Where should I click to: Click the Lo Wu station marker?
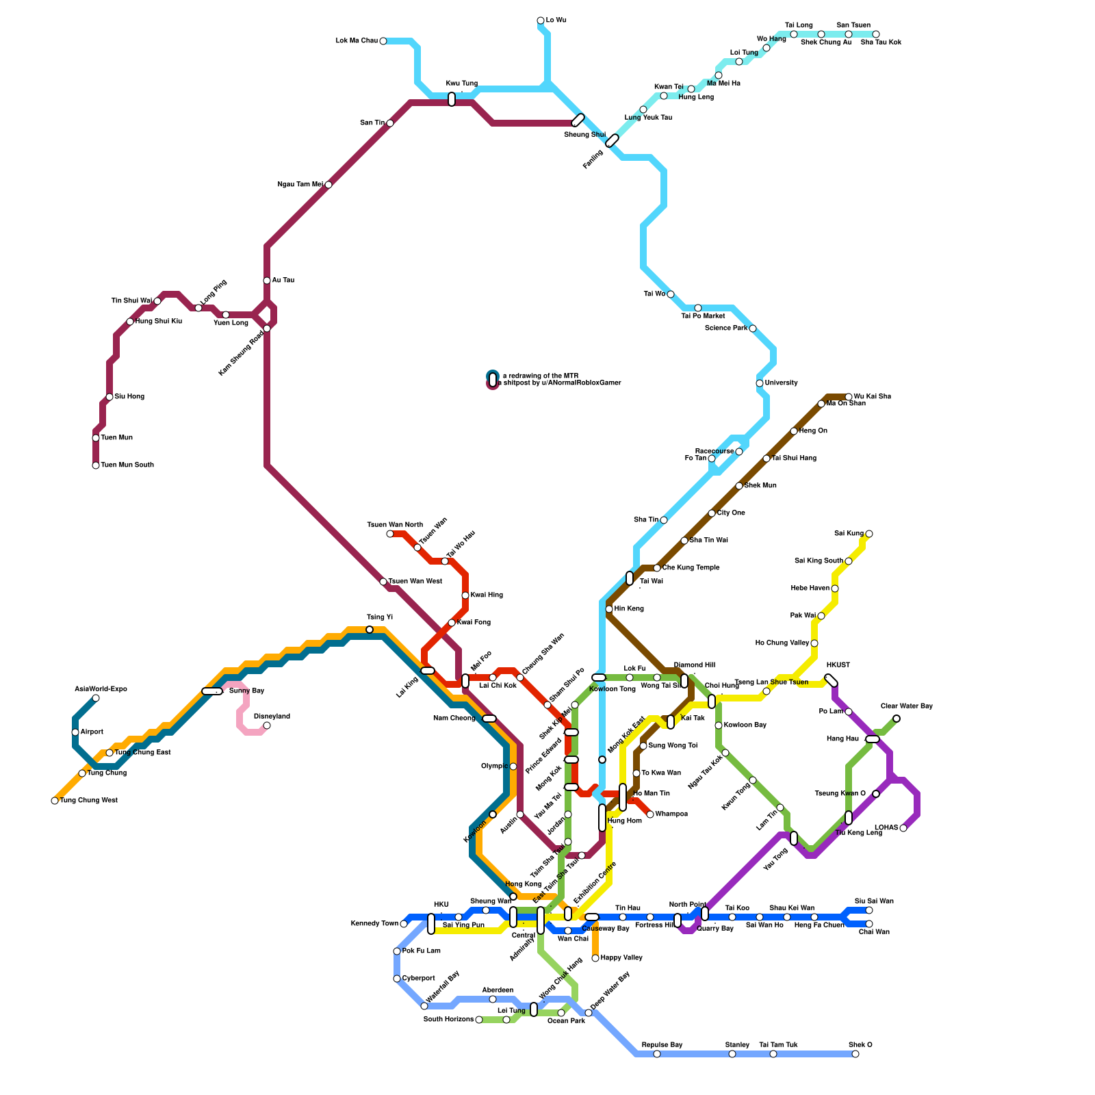click(x=541, y=21)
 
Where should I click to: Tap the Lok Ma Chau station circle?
click(x=383, y=41)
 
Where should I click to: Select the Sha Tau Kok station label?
click(x=880, y=42)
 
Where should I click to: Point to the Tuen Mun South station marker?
click(x=96, y=465)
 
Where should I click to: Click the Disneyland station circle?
click(x=267, y=725)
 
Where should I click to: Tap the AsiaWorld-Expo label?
click(x=101, y=689)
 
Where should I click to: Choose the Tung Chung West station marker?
click(x=55, y=801)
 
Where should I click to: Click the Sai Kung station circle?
click(x=869, y=534)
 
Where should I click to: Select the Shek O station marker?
click(x=855, y=1054)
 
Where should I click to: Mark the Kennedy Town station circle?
click(x=404, y=924)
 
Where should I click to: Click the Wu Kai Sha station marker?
click(x=849, y=397)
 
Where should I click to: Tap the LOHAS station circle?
click(x=903, y=828)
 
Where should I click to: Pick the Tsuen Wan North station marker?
click(x=390, y=534)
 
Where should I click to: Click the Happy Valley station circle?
click(x=595, y=958)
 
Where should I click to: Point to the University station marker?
click(x=760, y=383)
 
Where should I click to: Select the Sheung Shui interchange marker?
click(x=578, y=120)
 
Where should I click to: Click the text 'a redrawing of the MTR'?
click(x=540, y=376)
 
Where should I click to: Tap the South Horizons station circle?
click(x=479, y=1020)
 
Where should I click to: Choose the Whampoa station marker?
click(x=650, y=814)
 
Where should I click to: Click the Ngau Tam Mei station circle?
click(x=328, y=185)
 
